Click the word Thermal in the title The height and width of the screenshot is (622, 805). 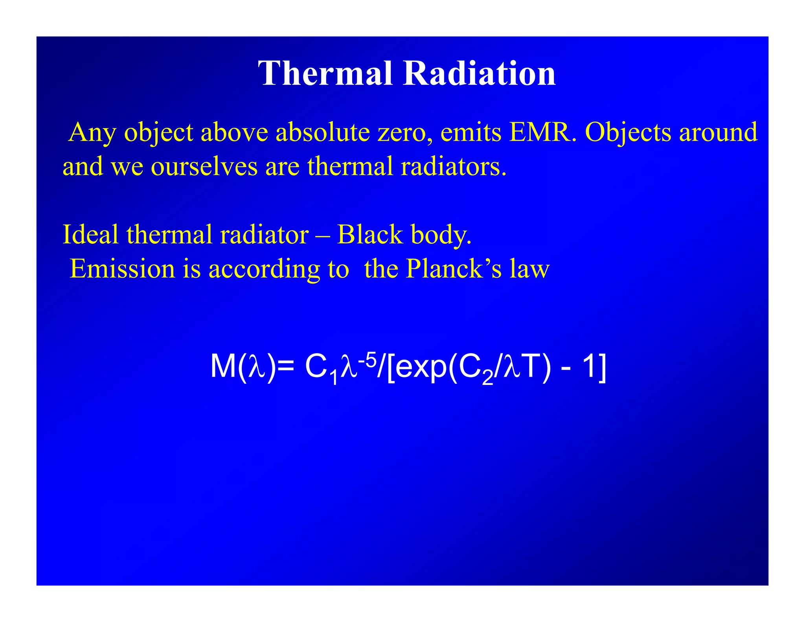(x=325, y=74)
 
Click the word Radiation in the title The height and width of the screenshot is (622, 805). (x=479, y=74)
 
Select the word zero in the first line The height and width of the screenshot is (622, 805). (x=404, y=132)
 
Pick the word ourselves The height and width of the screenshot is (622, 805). (x=204, y=166)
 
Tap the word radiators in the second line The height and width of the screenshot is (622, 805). (x=453, y=166)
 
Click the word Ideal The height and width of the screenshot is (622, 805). (x=90, y=234)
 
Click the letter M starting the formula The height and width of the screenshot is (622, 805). (x=223, y=366)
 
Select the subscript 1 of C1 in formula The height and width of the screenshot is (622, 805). (x=334, y=378)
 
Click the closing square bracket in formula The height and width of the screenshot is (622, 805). (x=603, y=368)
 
